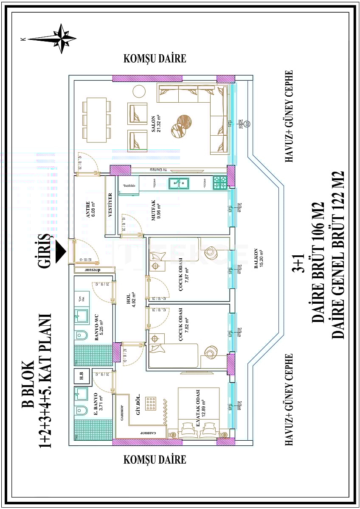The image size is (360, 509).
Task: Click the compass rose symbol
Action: (63, 39)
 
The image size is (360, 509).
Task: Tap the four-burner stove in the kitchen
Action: (220, 183)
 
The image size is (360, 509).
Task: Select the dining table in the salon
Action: (97, 120)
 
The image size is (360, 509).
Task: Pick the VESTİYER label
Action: (111, 206)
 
